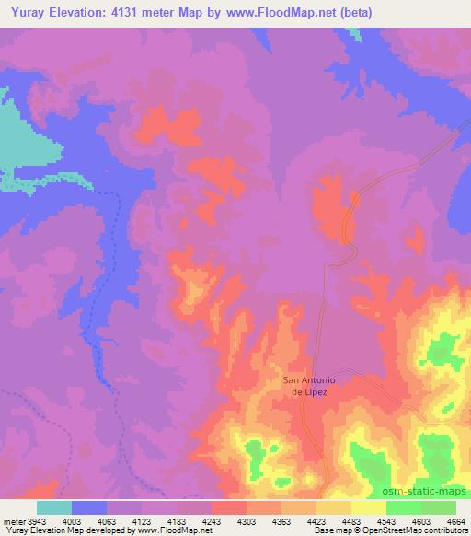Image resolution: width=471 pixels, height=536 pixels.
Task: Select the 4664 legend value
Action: tap(456, 522)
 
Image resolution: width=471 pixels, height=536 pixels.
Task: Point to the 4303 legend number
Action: tap(247, 522)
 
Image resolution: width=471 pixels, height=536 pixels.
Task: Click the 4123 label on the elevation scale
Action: tap(142, 522)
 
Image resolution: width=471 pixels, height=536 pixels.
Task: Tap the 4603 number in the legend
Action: tap(421, 522)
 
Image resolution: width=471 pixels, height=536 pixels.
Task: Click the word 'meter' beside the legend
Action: tap(15, 522)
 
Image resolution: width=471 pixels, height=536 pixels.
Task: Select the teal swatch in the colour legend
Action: tap(54, 507)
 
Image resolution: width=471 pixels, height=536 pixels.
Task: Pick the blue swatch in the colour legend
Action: tap(89, 507)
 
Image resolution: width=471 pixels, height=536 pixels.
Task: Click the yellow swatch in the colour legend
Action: tap(369, 507)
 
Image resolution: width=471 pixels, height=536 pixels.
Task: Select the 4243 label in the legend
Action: tap(212, 522)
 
